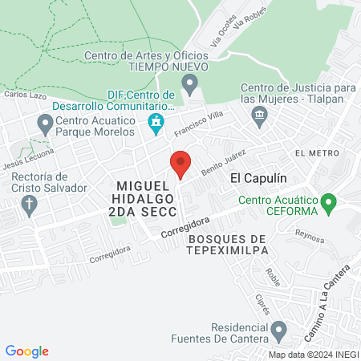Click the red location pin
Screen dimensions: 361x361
[180, 164]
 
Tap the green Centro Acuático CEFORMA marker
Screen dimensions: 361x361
[327, 204]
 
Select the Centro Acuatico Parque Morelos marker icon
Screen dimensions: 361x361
[44, 124]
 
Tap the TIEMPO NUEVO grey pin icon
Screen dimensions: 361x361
[189, 83]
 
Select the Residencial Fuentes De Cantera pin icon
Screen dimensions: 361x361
[279, 329]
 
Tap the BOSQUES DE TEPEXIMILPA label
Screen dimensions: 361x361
[226, 245]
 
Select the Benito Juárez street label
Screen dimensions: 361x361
[222, 160]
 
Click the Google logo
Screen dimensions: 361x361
[26, 351]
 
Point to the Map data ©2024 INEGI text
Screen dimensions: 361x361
[313, 355]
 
